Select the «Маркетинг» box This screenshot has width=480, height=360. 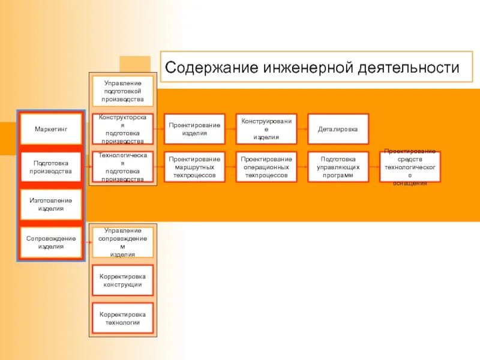[50, 129]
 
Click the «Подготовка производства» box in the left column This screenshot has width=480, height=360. [50, 167]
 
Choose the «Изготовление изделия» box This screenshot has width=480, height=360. [50, 205]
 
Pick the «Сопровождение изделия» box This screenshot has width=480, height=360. [50, 242]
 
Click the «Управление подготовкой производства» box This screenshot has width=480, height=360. [122, 91]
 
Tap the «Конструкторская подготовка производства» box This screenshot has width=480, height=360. [122, 129]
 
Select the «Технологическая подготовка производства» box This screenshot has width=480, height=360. [122, 167]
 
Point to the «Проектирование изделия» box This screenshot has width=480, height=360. [194, 129]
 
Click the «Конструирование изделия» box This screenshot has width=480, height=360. [266, 129]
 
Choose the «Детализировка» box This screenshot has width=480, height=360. [338, 129]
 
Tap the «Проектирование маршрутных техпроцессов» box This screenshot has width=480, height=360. [194, 167]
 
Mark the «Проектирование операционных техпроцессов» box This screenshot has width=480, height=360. [266, 167]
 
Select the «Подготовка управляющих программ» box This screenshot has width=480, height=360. [338, 167]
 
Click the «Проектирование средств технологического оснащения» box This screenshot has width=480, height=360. [410, 167]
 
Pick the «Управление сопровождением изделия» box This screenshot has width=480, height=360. [122, 242]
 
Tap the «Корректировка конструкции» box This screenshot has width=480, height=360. [122, 280]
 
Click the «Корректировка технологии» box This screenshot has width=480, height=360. [122, 319]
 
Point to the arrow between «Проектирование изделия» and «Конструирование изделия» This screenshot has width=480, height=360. [230, 129]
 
